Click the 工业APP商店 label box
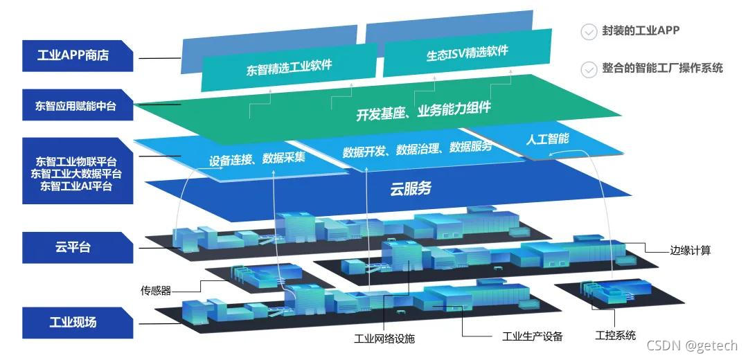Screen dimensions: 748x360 pyautogui.click(x=78, y=55)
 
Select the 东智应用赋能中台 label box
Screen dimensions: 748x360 pyautogui.click(x=78, y=106)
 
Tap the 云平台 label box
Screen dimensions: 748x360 pyautogui.click(x=78, y=247)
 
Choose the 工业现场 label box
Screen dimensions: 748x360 pyautogui.click(x=78, y=323)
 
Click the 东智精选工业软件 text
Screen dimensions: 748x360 pyautogui.click(x=290, y=68)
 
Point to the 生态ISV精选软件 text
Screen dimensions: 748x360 pyautogui.click(x=467, y=53)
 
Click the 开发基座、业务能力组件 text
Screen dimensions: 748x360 pyautogui.click(x=424, y=110)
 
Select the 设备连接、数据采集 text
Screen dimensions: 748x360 pyautogui.click(x=257, y=158)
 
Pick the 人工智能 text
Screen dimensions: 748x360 pyautogui.click(x=548, y=138)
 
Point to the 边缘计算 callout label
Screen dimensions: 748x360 pyautogui.click(x=691, y=251)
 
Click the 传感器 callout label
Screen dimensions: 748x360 pyautogui.click(x=156, y=291)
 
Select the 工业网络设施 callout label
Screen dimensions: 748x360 pyautogui.click(x=384, y=339)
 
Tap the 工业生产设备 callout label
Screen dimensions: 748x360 pyautogui.click(x=533, y=337)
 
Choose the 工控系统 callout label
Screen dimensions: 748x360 pyautogui.click(x=615, y=336)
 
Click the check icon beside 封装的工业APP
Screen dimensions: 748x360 pyautogui.click(x=589, y=32)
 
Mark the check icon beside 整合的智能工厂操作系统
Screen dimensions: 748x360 pyautogui.click(x=589, y=69)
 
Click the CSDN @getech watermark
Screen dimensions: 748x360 pyautogui.click(x=693, y=345)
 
